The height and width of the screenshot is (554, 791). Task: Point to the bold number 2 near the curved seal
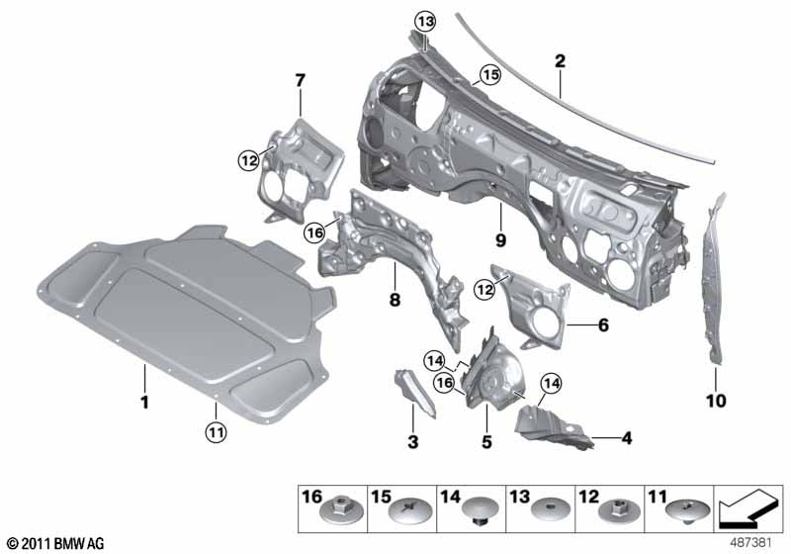coord(560,61)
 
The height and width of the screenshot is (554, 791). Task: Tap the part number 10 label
coord(715,402)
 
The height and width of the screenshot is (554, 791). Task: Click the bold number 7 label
coord(300,78)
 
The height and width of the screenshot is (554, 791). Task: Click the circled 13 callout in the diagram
coord(424,22)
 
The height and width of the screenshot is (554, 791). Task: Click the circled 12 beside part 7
coord(247,157)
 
